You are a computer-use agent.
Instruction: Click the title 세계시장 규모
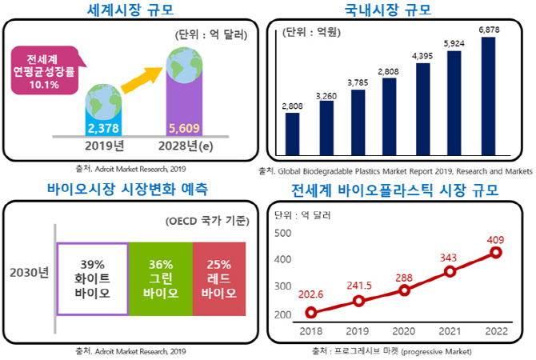132,10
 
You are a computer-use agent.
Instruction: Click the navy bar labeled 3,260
326,126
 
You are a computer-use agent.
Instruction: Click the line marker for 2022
495,253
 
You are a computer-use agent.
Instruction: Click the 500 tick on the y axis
282,234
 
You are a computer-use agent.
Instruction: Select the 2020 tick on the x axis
404,331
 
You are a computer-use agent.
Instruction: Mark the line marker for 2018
311,313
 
